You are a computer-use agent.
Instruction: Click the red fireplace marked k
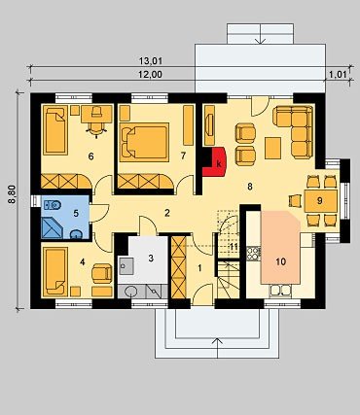(218, 161)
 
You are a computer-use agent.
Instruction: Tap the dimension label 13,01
(151, 60)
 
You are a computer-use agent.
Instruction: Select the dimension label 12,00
(151, 75)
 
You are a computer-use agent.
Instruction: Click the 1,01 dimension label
(338, 75)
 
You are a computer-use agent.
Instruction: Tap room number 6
(90, 156)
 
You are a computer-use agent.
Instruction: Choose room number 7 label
(183, 156)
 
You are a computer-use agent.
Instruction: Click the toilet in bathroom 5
(53, 204)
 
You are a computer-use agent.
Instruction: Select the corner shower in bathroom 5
(53, 227)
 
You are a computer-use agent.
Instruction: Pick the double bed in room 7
(144, 142)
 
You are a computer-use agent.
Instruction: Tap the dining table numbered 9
(321, 201)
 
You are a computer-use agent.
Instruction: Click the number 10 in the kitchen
(281, 261)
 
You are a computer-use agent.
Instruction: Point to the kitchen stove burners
(254, 254)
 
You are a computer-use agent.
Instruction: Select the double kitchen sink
(281, 291)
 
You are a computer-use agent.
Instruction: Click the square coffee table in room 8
(272, 148)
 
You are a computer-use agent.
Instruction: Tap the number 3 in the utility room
(151, 259)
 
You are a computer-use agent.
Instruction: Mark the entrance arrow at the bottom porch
(218, 348)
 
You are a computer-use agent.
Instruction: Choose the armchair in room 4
(102, 274)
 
